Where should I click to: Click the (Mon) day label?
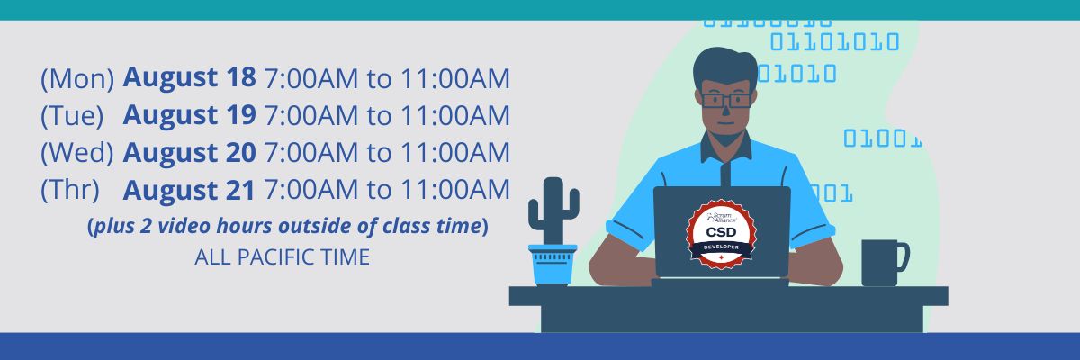77,78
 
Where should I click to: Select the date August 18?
189,77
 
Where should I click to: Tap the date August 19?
189,114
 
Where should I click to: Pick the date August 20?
189,152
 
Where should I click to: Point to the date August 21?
189,189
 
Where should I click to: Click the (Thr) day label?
70,189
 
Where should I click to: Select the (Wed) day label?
77,152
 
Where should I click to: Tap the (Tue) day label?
72,116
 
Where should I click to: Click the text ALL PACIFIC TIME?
282,256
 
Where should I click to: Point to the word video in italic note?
184,226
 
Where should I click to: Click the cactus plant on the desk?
553,211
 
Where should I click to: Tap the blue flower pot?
553,265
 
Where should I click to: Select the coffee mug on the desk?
886,263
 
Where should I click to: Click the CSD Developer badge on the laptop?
721,235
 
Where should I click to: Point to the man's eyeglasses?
726,100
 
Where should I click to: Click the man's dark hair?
725,67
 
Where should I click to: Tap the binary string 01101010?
834,42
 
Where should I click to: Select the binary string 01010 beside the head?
796,74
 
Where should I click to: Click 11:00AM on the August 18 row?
455,78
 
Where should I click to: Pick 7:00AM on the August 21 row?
311,189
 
